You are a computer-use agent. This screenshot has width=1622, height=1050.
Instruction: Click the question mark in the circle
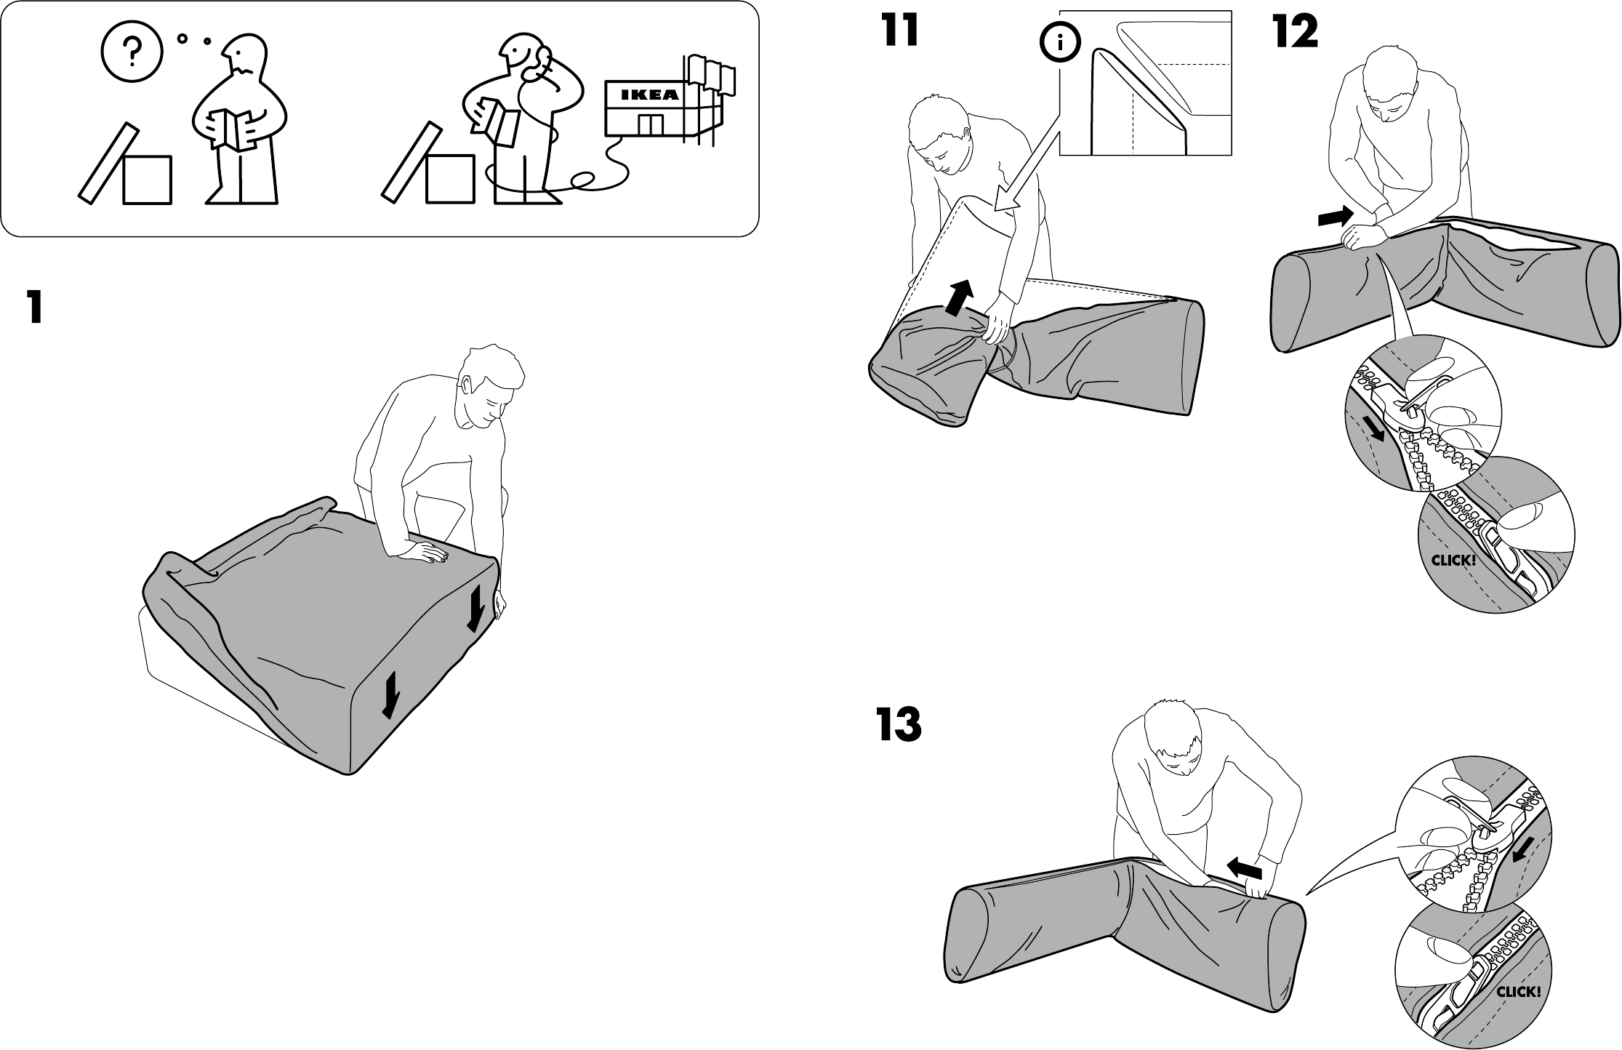[x=131, y=50]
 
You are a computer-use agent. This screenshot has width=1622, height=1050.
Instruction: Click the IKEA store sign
[x=650, y=95]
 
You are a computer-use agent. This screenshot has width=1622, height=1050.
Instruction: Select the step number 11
[x=900, y=31]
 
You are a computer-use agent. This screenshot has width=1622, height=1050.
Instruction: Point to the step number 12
[x=1295, y=33]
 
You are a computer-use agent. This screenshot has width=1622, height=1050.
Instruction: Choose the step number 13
[x=899, y=725]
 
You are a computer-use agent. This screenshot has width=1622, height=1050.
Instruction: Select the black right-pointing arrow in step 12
[x=1334, y=216]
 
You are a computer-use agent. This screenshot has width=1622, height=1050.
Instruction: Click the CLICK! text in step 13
[x=1519, y=991]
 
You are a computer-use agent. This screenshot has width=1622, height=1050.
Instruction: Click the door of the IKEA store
[x=650, y=125]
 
